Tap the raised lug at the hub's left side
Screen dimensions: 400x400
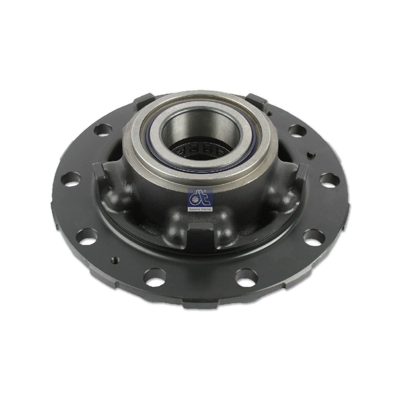(x=99, y=173)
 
